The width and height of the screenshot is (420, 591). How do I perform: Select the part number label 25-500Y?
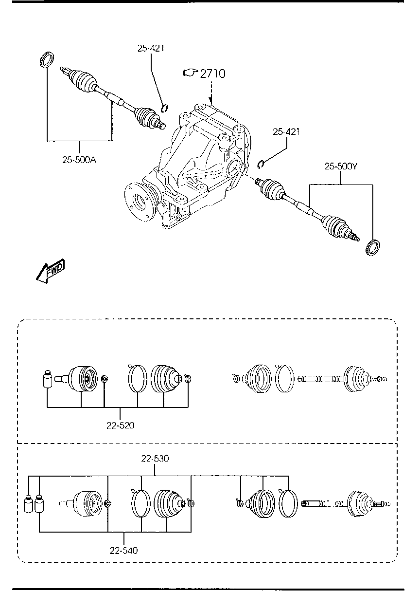coord(341,166)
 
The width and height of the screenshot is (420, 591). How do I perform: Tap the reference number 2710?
coord(212,74)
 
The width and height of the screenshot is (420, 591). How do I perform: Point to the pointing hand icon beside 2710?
coord(189,73)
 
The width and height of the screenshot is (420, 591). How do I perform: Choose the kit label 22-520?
coord(120,425)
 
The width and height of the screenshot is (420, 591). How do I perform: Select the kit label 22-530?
coord(155,459)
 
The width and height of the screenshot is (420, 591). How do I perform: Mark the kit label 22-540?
coord(123,551)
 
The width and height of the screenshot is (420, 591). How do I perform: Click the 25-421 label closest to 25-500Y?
coord(286,131)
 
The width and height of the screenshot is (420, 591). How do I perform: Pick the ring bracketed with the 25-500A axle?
coord(46,60)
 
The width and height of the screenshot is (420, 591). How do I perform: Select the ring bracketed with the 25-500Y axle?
coord(372,247)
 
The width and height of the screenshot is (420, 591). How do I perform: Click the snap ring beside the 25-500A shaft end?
coord(164,108)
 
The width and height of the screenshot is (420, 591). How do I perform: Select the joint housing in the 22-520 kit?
coord(81,378)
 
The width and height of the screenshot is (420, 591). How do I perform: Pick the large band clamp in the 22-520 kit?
coord(138,378)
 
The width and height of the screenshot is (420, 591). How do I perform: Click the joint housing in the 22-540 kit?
coord(86,504)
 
